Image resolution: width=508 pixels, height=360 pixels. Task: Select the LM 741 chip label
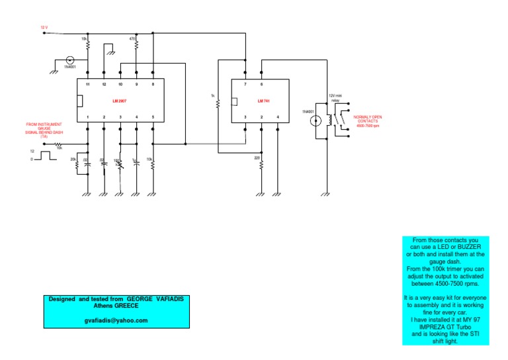pyautogui.click(x=264, y=101)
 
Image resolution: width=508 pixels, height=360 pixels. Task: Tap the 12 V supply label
pyautogui.click(x=44, y=28)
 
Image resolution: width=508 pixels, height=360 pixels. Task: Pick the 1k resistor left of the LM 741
pyautogui.click(x=218, y=103)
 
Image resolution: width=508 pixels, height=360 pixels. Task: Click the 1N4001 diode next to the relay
pyautogui.click(x=316, y=120)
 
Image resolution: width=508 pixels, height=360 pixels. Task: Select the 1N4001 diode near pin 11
pyautogui.click(x=70, y=60)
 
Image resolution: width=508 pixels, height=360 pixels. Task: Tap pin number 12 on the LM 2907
pyautogui.click(x=104, y=85)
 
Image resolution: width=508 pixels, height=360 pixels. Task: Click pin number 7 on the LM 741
pyautogui.click(x=245, y=85)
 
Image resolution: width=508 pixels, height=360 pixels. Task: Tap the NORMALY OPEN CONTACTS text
pyautogui.click(x=368, y=120)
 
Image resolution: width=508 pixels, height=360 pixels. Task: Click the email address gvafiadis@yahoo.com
pyautogui.click(x=116, y=320)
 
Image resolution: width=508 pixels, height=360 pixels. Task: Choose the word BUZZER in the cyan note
pyautogui.click(x=462, y=246)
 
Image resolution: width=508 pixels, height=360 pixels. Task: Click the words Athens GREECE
pyautogui.click(x=116, y=306)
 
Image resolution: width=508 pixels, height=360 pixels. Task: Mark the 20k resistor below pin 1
pyautogui.click(x=78, y=163)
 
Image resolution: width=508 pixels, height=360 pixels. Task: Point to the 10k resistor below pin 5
pyautogui.click(x=153, y=163)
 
